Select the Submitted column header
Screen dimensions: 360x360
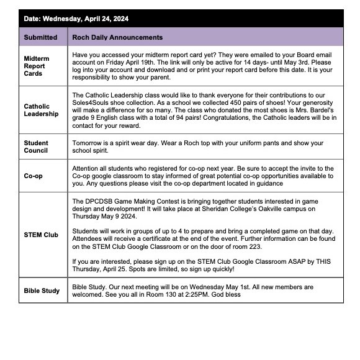point(40,37)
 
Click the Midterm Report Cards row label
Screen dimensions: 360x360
point(35,65)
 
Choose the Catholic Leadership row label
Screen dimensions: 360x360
point(40,110)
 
